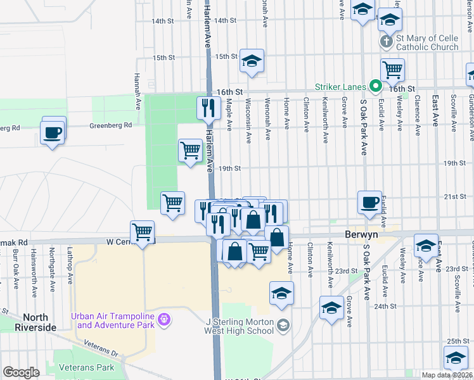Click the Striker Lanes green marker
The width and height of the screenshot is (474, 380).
375,86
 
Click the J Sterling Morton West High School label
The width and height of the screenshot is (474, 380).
240,326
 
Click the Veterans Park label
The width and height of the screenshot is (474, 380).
86,367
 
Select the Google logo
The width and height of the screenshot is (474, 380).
21,372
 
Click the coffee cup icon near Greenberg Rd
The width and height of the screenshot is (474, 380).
52,132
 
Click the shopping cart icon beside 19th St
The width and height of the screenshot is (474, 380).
190,151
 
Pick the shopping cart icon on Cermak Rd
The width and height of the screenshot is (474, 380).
143,232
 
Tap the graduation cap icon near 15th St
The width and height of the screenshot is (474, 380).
252,61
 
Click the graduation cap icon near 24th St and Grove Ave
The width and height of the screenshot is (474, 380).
331,308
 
